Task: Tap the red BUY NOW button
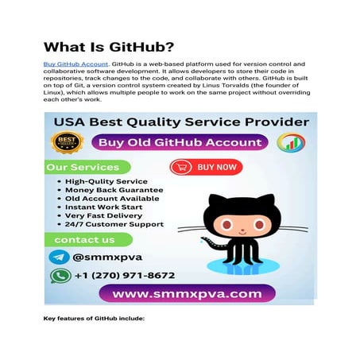tap(206, 167)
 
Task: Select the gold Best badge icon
tap(67, 143)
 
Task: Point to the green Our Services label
tap(83, 168)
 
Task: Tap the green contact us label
tap(83, 239)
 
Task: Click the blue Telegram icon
tap(58, 257)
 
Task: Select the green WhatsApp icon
tap(59, 276)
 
